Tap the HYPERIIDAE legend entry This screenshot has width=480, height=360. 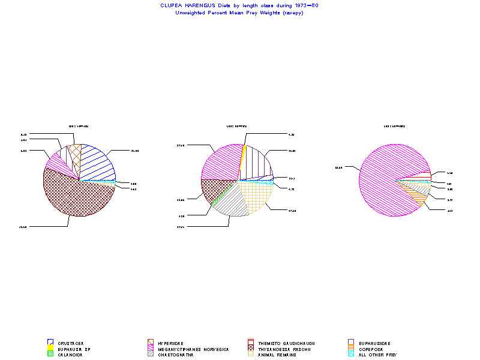tap(171, 344)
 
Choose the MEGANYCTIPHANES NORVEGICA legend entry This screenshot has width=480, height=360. tap(193, 349)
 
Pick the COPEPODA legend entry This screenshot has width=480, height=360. tap(373, 349)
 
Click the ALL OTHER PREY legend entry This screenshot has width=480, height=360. tap(377, 355)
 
